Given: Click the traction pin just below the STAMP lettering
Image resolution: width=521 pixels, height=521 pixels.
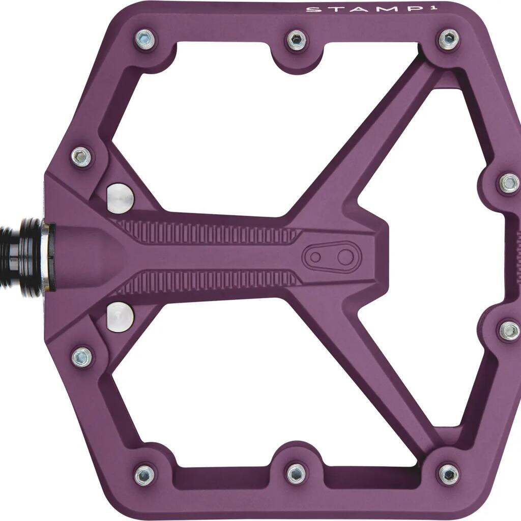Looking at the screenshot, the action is [449, 39].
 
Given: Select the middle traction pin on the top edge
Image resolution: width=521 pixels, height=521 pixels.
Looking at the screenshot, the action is [297, 40].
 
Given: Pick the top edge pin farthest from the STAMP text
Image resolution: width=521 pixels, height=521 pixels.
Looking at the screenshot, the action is [145, 38].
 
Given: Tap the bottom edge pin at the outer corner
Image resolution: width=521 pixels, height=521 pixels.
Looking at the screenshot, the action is [449, 474].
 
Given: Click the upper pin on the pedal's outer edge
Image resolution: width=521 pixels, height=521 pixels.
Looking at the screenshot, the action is [510, 183].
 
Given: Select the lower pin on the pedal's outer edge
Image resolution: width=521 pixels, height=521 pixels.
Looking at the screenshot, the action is [510, 330].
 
